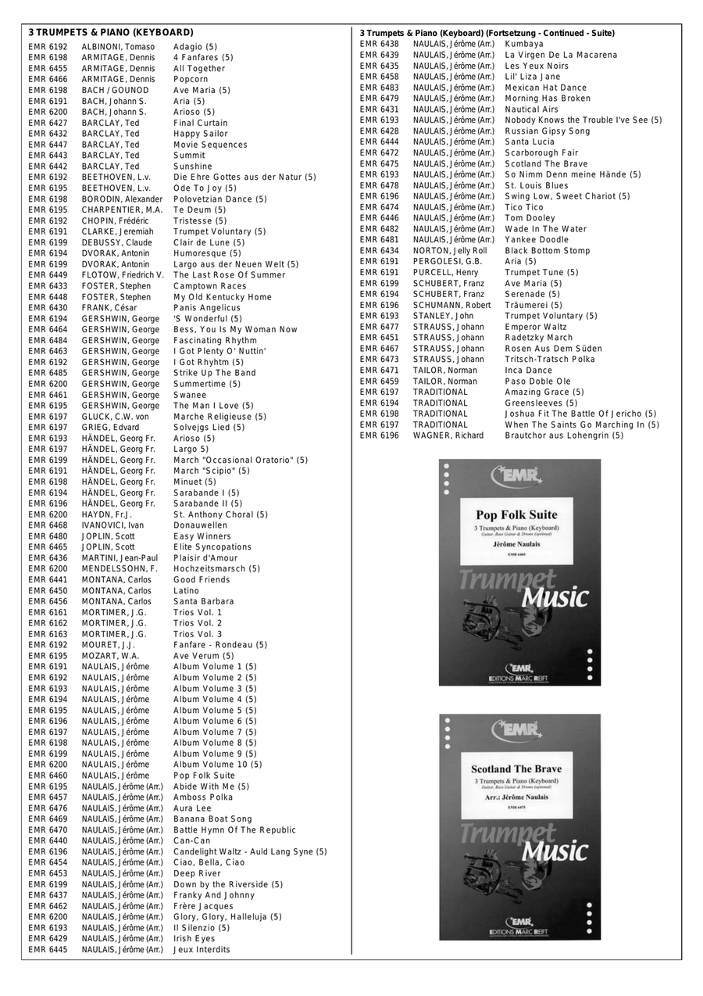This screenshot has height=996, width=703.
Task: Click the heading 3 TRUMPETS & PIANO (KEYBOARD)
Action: point(110,33)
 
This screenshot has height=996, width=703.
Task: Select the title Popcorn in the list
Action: point(191,80)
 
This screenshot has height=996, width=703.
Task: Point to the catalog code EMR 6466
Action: point(48,80)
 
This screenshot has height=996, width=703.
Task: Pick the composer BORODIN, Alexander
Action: point(122,199)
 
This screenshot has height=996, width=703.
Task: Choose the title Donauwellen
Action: point(200,525)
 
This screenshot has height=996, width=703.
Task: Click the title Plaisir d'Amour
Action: point(205,558)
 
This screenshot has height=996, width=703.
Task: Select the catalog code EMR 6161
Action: point(48,612)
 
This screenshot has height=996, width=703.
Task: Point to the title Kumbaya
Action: point(524,45)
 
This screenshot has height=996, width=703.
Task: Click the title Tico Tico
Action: point(524,207)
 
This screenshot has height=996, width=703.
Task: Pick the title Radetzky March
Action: point(538,338)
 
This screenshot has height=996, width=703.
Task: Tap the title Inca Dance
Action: point(528,371)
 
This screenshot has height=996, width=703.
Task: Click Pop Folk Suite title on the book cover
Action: point(517,515)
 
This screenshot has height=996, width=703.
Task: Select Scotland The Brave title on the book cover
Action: point(516,769)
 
